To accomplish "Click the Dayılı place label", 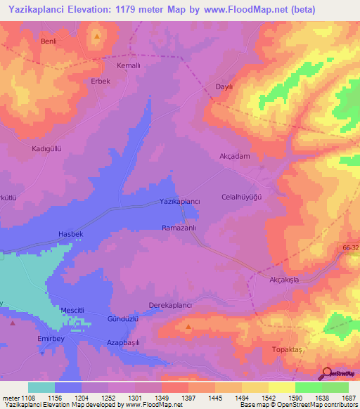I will click(224, 87).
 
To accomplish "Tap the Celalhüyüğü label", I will click(241, 197).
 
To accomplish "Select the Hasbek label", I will click(70, 233).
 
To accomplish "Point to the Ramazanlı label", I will click(183, 228).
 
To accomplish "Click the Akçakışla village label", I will click(285, 279).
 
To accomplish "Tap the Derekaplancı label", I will click(171, 305).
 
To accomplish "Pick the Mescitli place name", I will click(72, 311).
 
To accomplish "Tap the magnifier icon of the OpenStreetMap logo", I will click(326, 373).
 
